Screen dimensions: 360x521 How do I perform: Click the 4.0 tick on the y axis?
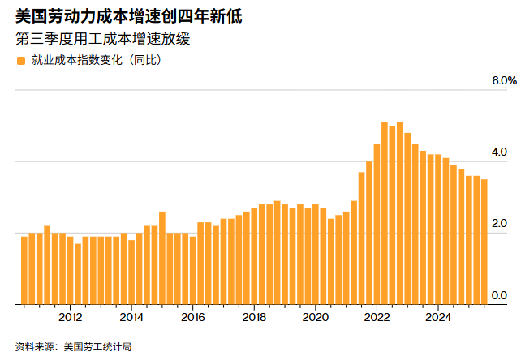click(x=499, y=152)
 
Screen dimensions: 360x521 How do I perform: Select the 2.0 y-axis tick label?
click(x=499, y=223)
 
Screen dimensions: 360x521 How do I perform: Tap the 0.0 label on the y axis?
click(x=499, y=294)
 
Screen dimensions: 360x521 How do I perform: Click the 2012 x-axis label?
click(x=70, y=317)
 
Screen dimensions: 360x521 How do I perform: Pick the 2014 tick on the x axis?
click(x=131, y=317)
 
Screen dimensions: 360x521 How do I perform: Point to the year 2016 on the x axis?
click(x=192, y=317)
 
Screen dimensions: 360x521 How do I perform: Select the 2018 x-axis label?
click(x=254, y=317)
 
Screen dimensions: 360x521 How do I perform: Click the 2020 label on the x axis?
click(x=316, y=317)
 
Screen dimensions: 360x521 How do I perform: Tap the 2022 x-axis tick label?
click(x=377, y=317)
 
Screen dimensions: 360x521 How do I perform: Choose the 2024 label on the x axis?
click(x=438, y=317)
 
